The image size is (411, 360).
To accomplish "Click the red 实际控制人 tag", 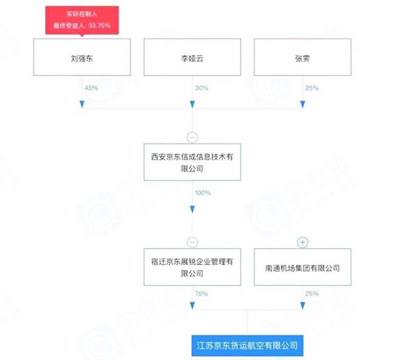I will pos(82,19).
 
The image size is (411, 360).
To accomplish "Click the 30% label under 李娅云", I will pos(200,88).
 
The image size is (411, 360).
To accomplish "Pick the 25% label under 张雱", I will pos(311,88).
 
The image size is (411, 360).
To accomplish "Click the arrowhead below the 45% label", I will pos(82,104).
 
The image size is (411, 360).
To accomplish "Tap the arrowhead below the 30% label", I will pos(192,104).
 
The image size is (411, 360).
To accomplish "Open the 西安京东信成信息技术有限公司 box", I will pos(192,162).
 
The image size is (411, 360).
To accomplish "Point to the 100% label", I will pos(202,194).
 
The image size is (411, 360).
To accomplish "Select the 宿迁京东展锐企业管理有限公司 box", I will pos(192,268).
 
